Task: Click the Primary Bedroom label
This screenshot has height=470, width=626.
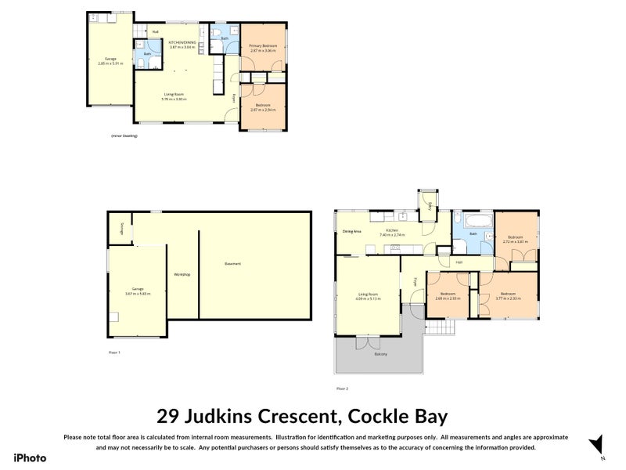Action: (263, 46)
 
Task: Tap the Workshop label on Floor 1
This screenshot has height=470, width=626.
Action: (182, 274)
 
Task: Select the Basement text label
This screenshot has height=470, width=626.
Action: (232, 263)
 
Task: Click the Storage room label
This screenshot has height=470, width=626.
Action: (122, 228)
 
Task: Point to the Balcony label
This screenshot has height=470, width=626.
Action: (380, 354)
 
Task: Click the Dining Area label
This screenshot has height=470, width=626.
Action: (351, 231)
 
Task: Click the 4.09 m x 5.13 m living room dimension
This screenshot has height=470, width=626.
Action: (368, 298)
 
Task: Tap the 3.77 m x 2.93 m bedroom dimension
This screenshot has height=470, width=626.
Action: (509, 298)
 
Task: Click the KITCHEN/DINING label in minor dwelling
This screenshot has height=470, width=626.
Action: (182, 42)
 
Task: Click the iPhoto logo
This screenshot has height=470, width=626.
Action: (30, 458)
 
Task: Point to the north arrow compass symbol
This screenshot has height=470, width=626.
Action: (598, 443)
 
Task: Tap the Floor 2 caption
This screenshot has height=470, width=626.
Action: (342, 388)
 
